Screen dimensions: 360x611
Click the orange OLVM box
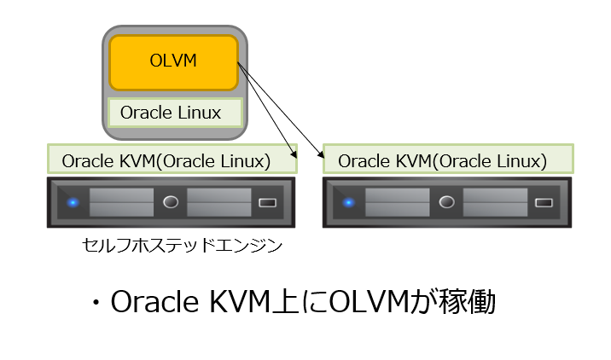(173, 62)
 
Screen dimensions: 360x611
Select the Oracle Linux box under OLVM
(175, 113)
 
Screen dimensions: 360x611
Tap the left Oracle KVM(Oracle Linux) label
(172, 160)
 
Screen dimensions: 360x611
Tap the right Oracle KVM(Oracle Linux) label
(448, 160)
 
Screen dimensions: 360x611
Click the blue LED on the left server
(73, 202)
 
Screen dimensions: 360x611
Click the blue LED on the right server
(348, 202)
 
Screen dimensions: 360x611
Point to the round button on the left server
(171, 202)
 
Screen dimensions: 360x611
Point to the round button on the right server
(446, 202)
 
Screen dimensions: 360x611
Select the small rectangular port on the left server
(268, 203)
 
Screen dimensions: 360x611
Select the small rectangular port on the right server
(544, 203)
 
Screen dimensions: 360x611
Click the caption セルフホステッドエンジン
(182, 246)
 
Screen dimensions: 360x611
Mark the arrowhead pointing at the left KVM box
(294, 154)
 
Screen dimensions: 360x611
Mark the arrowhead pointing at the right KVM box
(322, 154)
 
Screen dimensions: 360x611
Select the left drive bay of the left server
(121, 202)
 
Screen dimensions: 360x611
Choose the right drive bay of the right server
(495, 202)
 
